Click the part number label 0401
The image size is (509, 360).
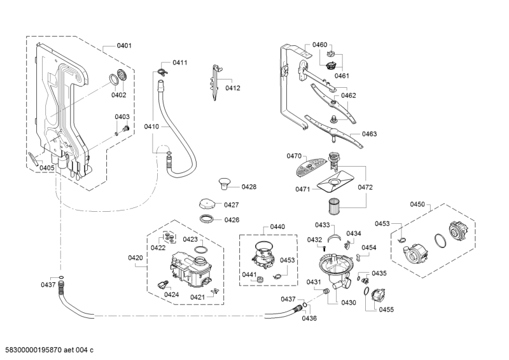(x=124, y=46)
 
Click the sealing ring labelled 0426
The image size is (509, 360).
(x=207, y=220)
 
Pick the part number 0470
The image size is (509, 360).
(x=294, y=156)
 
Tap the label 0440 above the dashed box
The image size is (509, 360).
(x=277, y=227)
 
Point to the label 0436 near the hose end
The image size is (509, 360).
(x=309, y=318)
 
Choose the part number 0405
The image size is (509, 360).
(x=46, y=167)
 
